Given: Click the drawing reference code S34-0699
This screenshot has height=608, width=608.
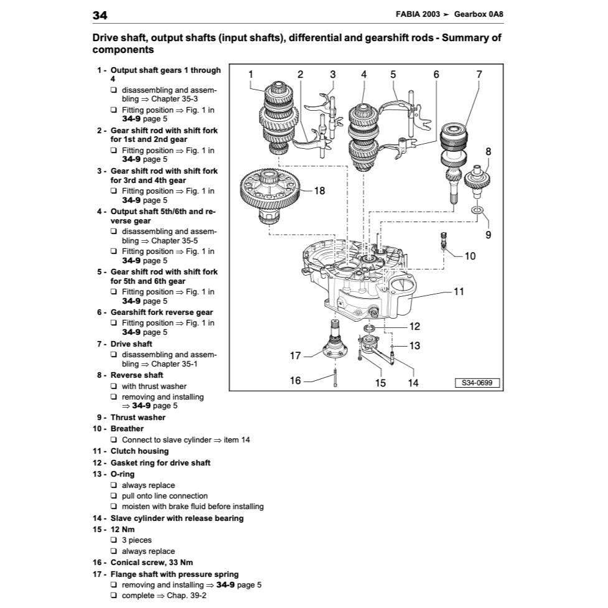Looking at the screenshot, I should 477,383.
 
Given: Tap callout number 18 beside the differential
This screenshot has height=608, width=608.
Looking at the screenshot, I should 319,190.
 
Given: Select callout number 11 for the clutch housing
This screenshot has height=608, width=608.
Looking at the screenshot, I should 459,291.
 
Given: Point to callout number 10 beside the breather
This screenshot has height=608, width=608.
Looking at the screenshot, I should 470,256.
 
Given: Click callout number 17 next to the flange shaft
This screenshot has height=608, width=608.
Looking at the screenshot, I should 296,356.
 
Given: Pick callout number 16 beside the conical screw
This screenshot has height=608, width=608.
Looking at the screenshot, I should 296,380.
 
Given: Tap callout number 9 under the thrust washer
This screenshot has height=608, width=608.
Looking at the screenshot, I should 489,235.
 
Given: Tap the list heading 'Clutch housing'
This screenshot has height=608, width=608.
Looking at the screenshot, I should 139,451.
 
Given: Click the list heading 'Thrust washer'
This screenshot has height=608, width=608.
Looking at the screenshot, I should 138,418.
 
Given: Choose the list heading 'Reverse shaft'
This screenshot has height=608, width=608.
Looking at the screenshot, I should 137,375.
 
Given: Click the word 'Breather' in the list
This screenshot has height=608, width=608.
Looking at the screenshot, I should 127,429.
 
